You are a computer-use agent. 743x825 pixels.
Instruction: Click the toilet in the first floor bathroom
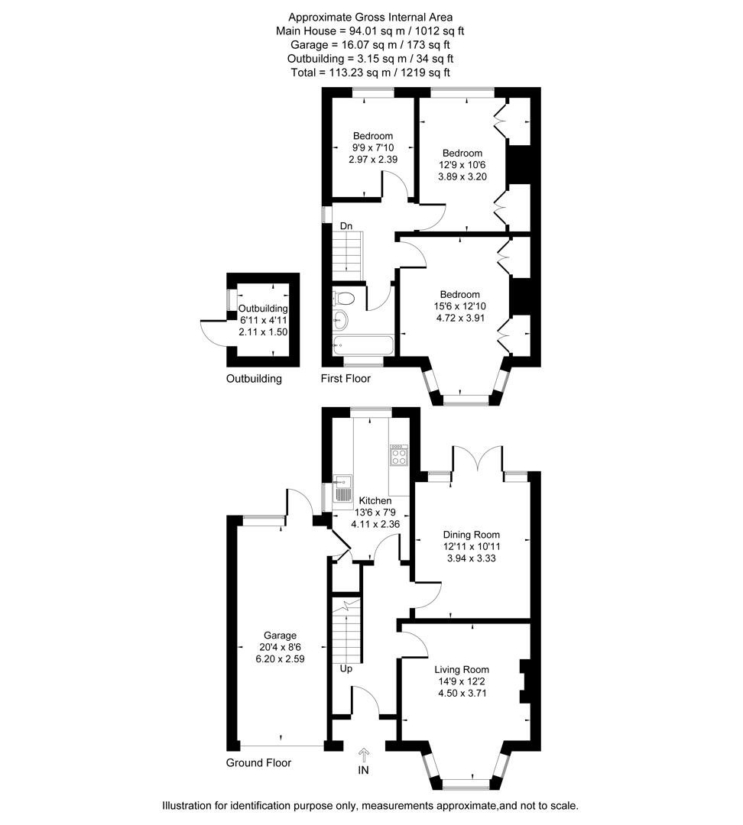point(344,298)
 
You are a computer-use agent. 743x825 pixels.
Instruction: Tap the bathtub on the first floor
point(363,346)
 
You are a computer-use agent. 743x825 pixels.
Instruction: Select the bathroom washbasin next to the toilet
point(340,319)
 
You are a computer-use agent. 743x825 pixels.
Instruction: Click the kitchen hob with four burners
point(398,456)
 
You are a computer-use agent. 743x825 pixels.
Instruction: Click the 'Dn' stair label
point(346,226)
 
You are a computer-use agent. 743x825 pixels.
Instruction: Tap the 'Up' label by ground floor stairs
point(346,668)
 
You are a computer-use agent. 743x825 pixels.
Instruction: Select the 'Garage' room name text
point(280,636)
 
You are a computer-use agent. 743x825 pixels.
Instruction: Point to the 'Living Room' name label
point(462,671)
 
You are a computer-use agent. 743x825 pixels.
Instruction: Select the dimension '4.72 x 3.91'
point(459,318)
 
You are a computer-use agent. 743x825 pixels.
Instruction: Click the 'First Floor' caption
point(346,379)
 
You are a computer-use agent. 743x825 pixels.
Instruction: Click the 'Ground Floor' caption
point(258,762)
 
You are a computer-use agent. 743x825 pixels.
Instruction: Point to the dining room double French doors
point(479,458)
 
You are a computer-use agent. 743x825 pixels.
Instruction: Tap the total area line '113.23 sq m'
point(370,73)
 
